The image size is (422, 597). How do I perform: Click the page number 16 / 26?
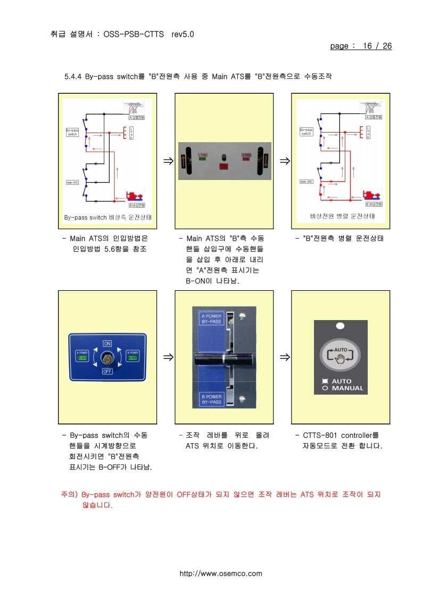(x=377, y=46)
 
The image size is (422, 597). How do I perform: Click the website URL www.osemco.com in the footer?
(x=221, y=574)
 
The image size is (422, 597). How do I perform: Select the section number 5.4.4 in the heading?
(x=72, y=76)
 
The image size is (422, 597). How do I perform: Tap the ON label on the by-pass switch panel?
(x=107, y=343)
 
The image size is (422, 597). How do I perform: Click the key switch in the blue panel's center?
(x=107, y=357)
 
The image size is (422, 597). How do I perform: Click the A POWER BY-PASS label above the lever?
(x=211, y=319)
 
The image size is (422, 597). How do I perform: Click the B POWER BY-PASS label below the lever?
(x=211, y=399)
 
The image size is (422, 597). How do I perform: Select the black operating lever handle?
(x=224, y=359)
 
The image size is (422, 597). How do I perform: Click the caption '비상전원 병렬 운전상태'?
(x=342, y=216)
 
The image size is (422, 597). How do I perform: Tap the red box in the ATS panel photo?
(x=224, y=167)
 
